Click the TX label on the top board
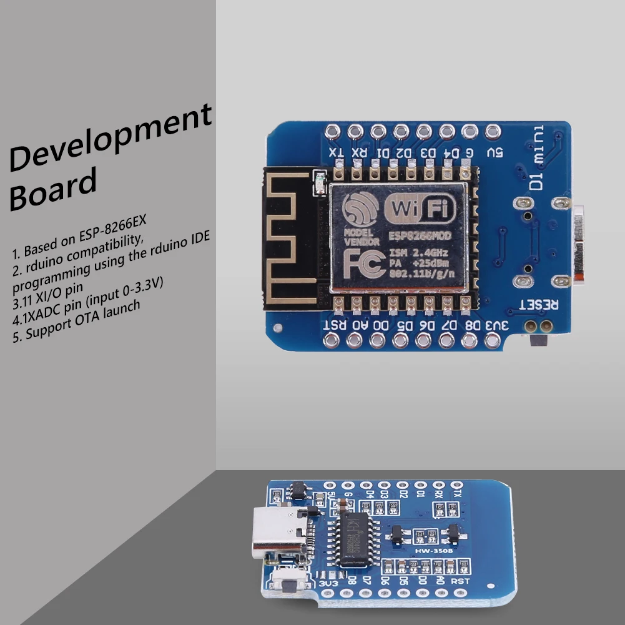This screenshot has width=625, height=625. tap(335, 152)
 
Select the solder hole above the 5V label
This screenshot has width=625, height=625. tap(493, 132)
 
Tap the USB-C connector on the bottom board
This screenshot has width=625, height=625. tap(276, 531)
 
